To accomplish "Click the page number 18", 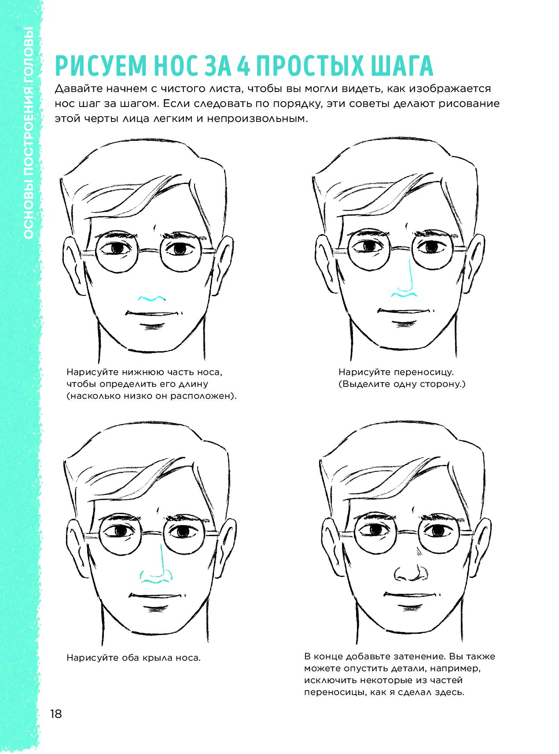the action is pos(56,714).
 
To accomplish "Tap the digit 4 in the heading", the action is pos(243,66).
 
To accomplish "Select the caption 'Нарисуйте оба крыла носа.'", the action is pos(133,658).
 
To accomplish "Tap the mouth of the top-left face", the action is pos(153,313).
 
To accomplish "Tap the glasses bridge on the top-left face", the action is pos(150,250).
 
